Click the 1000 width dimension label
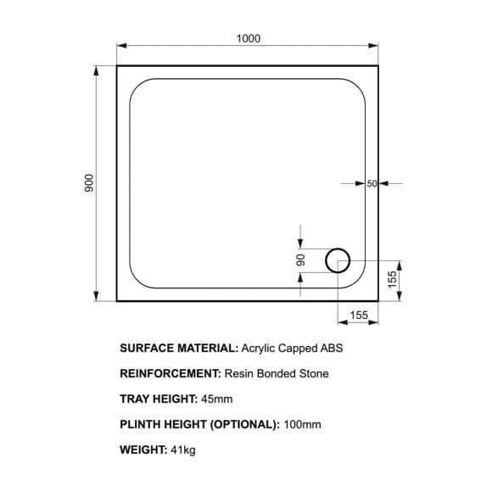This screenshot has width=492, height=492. tap(249, 38)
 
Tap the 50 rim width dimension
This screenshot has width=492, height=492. tap(372, 183)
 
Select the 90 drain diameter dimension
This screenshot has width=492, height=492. tap(300, 260)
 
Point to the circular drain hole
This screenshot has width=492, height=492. tap(338, 249)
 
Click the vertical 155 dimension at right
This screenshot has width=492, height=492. tap(392, 279)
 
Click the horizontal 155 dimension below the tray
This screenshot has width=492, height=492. tap(359, 315)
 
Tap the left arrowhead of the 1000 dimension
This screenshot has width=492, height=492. tap(121, 46)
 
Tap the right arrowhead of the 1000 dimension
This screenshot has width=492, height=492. tap(373, 46)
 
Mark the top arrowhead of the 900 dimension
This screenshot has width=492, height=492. tap(97, 71)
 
